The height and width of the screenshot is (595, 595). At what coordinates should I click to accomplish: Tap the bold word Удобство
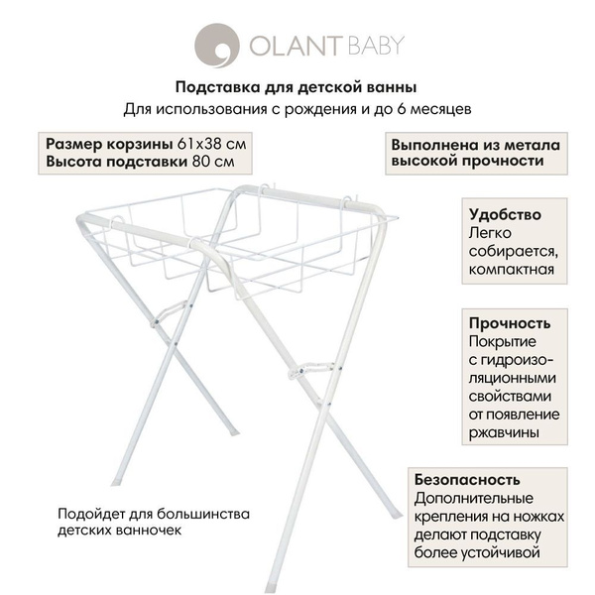tap(506, 215)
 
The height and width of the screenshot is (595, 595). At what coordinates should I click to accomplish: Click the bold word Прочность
tap(509, 323)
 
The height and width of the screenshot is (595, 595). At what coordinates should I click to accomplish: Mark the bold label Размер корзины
tap(98, 143)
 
